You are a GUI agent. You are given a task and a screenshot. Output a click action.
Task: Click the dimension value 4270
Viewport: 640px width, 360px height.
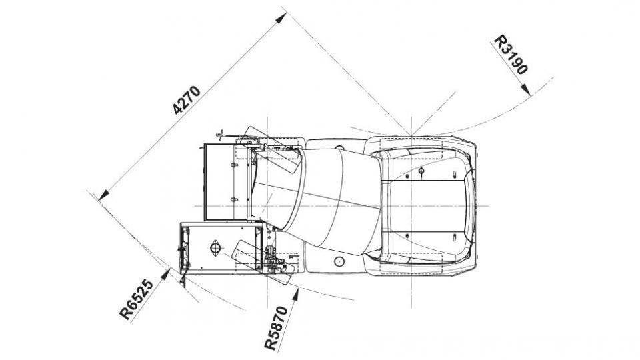point(187,100)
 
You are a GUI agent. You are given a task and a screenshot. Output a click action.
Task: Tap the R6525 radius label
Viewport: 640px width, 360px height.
point(137,299)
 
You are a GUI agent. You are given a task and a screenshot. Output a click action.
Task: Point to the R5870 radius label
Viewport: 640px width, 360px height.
point(276,328)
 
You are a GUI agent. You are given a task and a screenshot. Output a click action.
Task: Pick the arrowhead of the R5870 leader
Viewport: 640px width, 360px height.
point(295,294)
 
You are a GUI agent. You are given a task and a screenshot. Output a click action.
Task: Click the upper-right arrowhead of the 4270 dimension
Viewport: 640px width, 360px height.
point(281,17)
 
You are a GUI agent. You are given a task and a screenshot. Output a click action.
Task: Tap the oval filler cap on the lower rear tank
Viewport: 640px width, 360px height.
point(215,248)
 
